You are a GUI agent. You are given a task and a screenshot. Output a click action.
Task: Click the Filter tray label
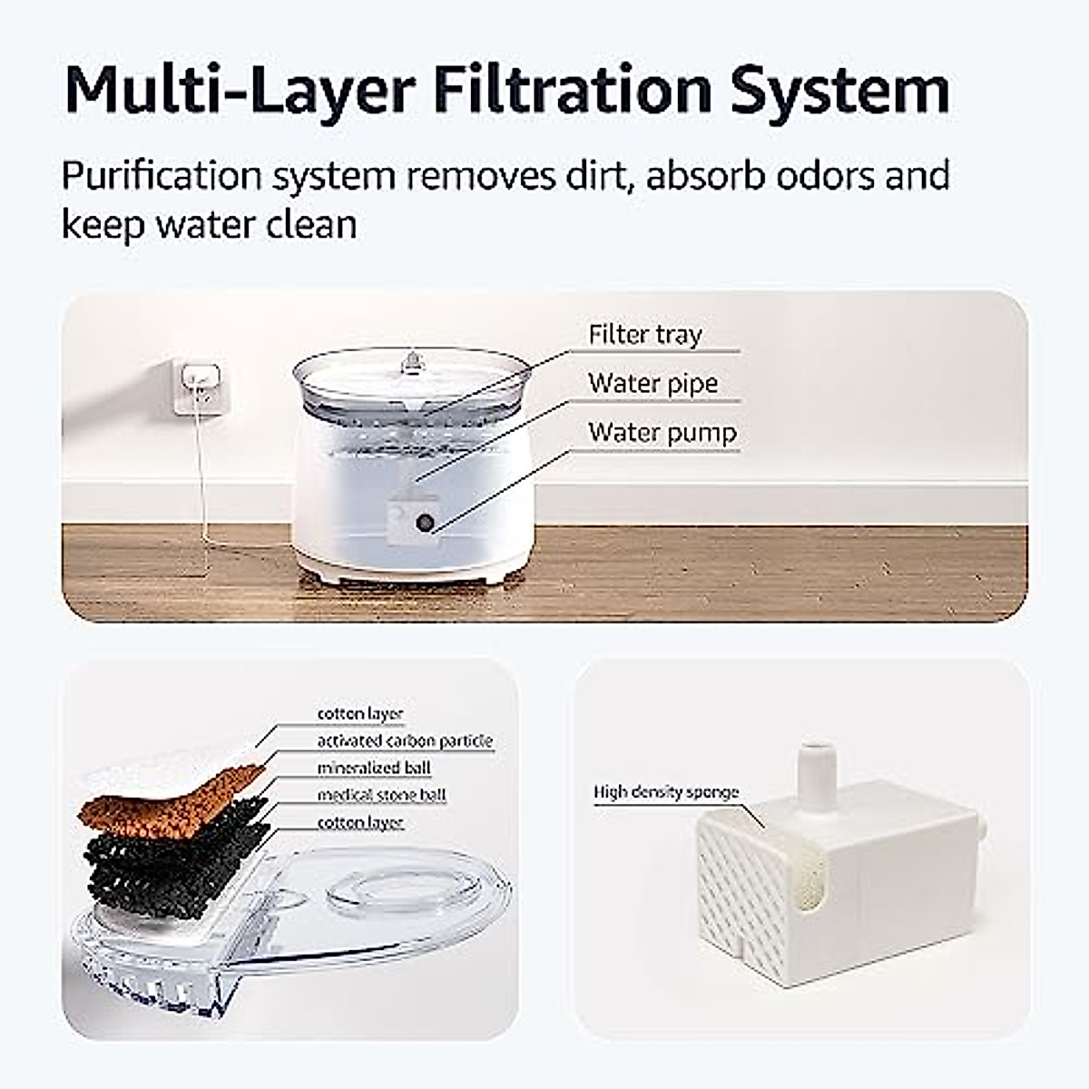point(645,335)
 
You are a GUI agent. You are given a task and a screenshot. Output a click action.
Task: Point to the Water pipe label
point(652,384)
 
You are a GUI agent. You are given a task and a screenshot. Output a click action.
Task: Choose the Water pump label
point(662,433)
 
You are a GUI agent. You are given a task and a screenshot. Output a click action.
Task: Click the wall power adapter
point(198,385)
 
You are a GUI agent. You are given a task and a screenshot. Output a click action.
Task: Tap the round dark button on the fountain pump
point(424,523)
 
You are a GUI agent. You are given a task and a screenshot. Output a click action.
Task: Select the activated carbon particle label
point(405,741)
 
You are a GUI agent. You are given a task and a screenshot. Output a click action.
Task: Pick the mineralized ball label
point(373,769)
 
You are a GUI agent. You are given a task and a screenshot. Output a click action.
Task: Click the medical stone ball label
point(381,796)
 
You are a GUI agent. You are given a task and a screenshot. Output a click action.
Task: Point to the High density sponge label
point(666,792)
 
